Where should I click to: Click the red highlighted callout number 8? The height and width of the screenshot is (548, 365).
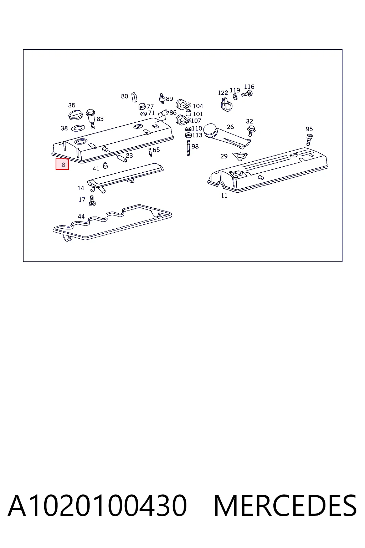pos(62,164)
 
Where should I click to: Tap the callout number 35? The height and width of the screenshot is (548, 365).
pos(72,105)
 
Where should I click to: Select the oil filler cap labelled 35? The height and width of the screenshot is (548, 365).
pos(76,115)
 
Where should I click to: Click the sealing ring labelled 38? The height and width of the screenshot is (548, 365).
pos(78,128)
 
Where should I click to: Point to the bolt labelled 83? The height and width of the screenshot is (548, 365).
pos(91,118)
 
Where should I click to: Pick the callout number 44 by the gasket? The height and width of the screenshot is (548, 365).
pos(81,216)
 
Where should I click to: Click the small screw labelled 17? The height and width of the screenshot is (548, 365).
pos(92,201)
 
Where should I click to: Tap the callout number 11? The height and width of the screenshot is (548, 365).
pos(224,196)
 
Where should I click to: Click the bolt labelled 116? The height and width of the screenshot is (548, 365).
pos(247,93)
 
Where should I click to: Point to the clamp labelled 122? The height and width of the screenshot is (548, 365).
pos(226,105)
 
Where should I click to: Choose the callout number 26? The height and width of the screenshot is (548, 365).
pos(230,127)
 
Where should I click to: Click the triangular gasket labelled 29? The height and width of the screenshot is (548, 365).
pos(240,156)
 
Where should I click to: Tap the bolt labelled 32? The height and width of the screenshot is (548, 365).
pos(251,131)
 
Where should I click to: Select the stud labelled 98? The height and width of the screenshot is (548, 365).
pos(188,148)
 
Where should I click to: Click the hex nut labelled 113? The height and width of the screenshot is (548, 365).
pos(188,135)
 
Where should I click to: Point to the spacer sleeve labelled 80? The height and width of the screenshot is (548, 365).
pos(134,97)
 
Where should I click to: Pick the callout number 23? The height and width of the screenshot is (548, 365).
pos(129,155)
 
